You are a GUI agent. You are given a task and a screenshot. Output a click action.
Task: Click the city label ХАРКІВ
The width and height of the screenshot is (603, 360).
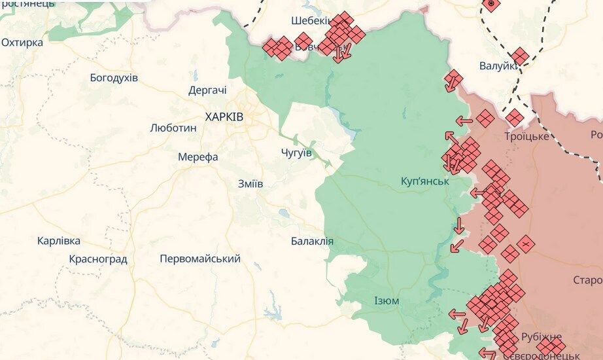(x=224, y=117)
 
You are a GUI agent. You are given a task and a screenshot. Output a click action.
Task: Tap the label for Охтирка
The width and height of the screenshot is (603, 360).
(x=22, y=43)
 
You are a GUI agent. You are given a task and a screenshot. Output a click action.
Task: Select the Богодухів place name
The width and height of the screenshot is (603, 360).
(x=114, y=78)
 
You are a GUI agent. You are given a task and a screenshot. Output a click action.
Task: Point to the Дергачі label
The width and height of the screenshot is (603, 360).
(x=207, y=91)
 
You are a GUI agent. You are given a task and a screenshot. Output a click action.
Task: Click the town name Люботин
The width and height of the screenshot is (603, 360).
(x=173, y=128)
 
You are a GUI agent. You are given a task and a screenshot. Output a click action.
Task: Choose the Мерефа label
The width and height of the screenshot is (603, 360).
(x=198, y=157)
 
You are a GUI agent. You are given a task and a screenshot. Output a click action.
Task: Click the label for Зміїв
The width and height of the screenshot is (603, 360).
(x=250, y=184)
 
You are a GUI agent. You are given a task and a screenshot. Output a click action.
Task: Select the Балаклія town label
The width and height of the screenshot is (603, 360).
(x=312, y=242)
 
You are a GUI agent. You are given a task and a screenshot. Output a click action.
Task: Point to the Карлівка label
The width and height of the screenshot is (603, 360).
(x=59, y=241)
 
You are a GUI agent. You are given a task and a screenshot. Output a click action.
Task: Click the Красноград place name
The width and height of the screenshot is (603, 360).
(x=98, y=259)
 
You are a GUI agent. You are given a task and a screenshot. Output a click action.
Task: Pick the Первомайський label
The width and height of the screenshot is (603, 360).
(x=200, y=259)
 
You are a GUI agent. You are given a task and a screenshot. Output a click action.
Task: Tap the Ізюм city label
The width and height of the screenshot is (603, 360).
(x=387, y=301)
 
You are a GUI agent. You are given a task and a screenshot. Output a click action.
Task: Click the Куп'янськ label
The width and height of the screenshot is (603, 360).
(x=425, y=181)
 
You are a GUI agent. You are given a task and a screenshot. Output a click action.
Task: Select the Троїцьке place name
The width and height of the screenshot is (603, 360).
(x=526, y=136)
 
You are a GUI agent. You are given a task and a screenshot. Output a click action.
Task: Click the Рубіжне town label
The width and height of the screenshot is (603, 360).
(x=542, y=336)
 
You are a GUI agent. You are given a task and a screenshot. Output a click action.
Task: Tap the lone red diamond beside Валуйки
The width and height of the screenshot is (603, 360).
(x=520, y=56)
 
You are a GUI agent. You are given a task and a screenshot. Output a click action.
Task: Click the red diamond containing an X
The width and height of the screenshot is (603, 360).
(x=525, y=244)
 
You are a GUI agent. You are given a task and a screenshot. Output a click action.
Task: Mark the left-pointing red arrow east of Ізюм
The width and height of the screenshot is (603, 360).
(x=458, y=314)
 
